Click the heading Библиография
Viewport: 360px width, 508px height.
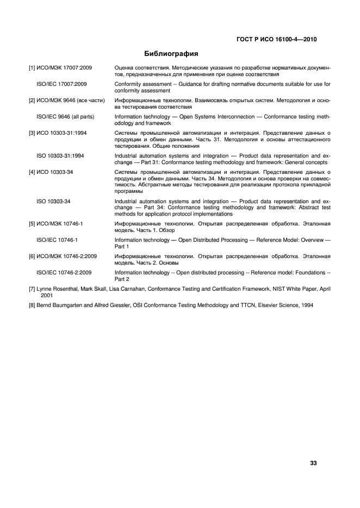click(170, 54)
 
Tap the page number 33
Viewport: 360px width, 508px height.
click(313, 448)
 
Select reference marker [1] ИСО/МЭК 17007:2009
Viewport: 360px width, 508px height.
click(60, 68)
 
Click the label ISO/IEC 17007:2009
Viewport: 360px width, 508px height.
click(61, 84)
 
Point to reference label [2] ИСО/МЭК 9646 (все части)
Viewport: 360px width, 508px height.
click(66, 101)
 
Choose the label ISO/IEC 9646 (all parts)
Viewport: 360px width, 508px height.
click(65, 117)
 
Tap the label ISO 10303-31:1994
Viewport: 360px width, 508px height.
click(60, 156)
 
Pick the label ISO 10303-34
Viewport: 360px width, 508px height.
click(53, 202)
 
